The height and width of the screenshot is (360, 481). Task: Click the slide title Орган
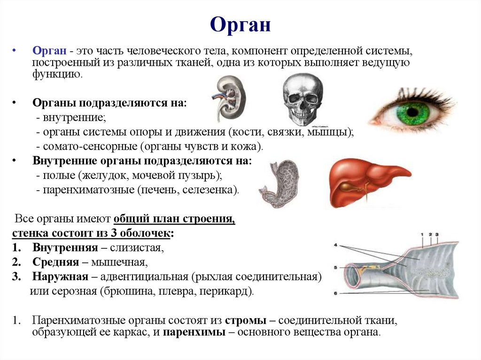coord(240,25)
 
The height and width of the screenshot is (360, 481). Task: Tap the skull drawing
coord(303,100)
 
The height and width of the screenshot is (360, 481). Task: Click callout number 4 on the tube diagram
coord(336,245)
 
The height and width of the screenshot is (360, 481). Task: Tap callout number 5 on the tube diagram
coord(336,268)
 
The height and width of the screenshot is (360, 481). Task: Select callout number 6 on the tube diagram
coord(336,293)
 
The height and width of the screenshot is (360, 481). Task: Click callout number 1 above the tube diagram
coord(422,234)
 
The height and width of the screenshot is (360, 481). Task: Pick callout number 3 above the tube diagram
coord(437,234)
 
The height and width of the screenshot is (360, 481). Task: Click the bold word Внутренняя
coord(65,247)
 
